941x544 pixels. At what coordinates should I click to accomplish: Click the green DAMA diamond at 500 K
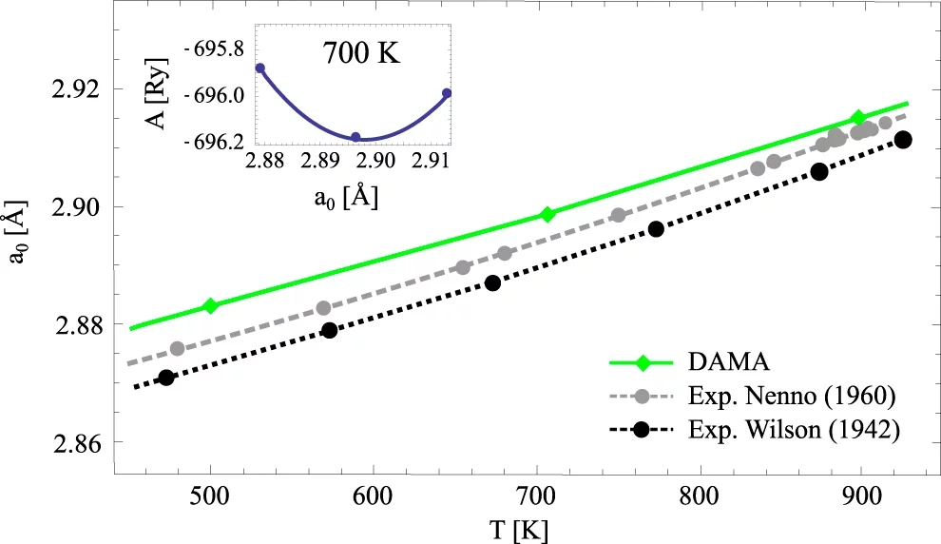(x=211, y=305)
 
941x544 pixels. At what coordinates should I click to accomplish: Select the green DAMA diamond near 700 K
(x=547, y=214)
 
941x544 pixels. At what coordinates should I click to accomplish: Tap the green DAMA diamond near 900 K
(x=858, y=118)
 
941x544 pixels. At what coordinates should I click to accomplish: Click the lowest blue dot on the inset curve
(x=356, y=137)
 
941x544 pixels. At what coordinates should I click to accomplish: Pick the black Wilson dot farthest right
(x=903, y=140)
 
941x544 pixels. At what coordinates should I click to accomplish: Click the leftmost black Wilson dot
(x=166, y=378)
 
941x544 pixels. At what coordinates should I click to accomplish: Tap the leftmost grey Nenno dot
(x=177, y=349)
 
